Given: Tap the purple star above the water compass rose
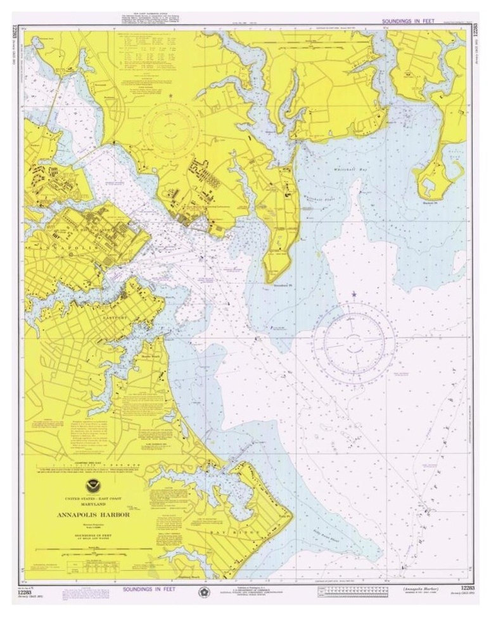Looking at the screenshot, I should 354,294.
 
